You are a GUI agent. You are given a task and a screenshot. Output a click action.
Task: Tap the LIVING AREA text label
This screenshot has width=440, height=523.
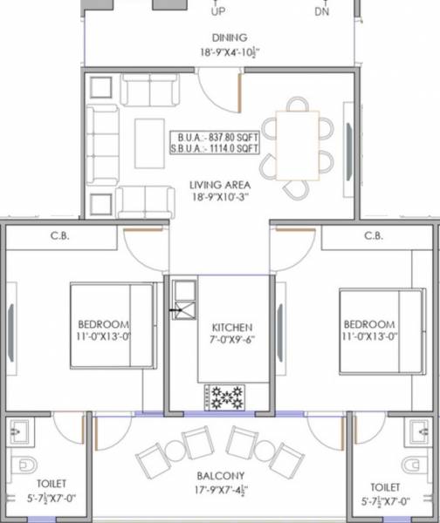[220, 185]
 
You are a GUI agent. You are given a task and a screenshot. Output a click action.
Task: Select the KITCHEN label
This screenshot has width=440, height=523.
[231, 329]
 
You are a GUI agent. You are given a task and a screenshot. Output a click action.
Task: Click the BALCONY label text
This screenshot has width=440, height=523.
[220, 475]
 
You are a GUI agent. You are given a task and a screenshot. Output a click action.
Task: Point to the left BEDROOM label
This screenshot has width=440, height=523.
[103, 323]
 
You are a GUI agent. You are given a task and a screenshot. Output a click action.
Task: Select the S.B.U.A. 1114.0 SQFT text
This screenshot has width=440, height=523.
[216, 149]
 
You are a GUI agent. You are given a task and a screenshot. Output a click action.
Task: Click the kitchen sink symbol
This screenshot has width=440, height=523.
[183, 300]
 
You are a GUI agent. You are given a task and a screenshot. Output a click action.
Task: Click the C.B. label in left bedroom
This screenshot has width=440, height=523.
[60, 235]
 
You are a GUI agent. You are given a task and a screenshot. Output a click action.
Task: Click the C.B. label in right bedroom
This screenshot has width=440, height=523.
[374, 235]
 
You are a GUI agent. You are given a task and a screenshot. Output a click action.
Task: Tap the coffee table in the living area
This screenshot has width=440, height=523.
[148, 145]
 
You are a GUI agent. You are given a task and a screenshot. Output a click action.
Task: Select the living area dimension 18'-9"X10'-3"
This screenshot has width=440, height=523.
[220, 198]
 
